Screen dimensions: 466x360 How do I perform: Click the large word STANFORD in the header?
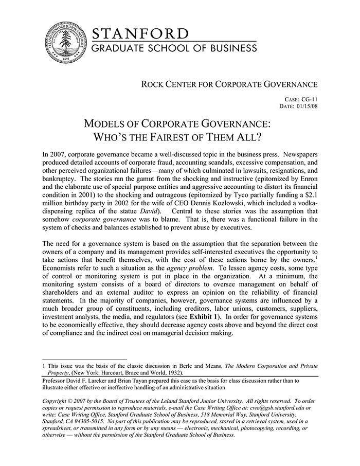140,34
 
